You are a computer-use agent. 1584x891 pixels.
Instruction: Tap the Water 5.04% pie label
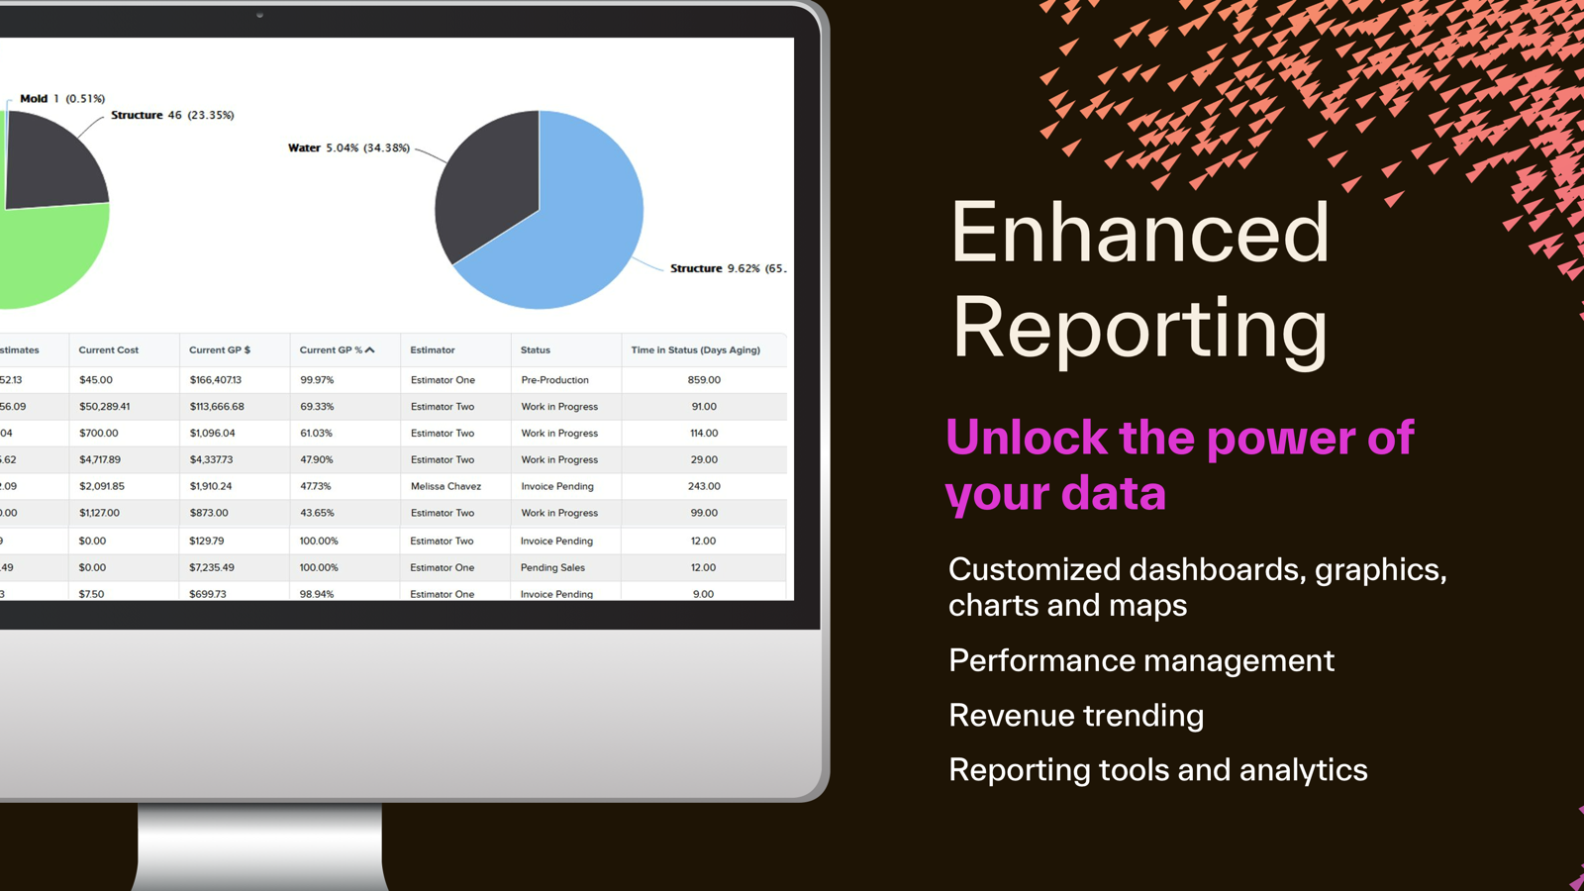click(x=348, y=148)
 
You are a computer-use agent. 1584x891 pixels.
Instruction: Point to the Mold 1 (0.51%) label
click(x=62, y=99)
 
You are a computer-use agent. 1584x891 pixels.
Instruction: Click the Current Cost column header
click(x=109, y=350)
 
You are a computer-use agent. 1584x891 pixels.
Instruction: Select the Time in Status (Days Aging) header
click(x=696, y=350)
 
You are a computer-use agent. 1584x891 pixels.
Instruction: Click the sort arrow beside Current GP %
click(x=370, y=350)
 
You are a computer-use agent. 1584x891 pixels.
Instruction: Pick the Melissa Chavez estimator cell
click(x=445, y=487)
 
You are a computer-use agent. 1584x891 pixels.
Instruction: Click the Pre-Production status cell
click(x=554, y=380)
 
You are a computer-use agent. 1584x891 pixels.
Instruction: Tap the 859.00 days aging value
click(x=704, y=380)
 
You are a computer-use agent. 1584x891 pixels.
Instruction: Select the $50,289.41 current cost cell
click(x=105, y=407)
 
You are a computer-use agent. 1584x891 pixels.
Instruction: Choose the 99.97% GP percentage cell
click(x=317, y=380)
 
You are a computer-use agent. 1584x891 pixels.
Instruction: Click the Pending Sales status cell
click(x=552, y=568)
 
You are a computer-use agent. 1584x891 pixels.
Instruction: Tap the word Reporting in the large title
click(x=1139, y=329)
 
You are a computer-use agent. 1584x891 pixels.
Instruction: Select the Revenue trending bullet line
click(x=1076, y=716)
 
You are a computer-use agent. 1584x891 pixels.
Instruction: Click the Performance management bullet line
click(x=1141, y=661)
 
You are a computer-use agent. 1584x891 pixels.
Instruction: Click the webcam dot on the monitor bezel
click(x=260, y=16)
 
